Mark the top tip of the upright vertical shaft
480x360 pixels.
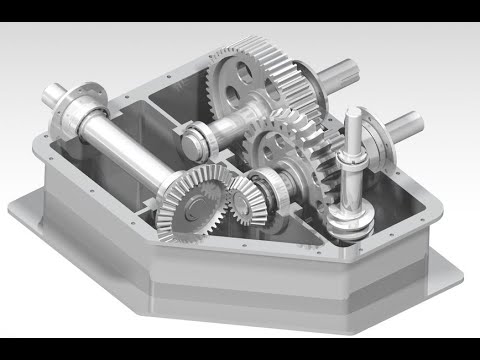click(356, 112)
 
